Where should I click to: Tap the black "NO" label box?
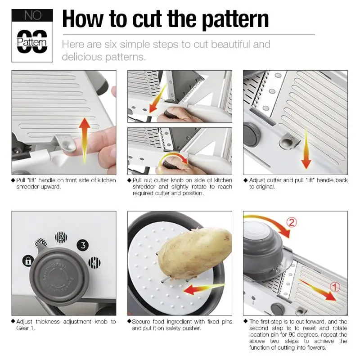tap(32, 15)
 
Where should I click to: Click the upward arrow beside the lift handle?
tap(85, 140)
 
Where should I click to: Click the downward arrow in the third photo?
tap(306, 149)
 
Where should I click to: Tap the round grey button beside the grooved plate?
tap(252, 135)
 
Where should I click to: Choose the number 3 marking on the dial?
tap(83, 245)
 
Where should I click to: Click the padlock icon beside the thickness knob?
tap(28, 261)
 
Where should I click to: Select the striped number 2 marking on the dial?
tap(61, 238)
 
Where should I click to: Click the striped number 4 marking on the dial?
tap(94, 263)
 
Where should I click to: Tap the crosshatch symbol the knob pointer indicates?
tap(40, 243)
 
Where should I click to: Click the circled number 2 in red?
tap(292, 222)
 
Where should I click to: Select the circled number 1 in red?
tap(334, 287)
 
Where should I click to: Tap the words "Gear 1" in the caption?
tap(26, 328)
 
